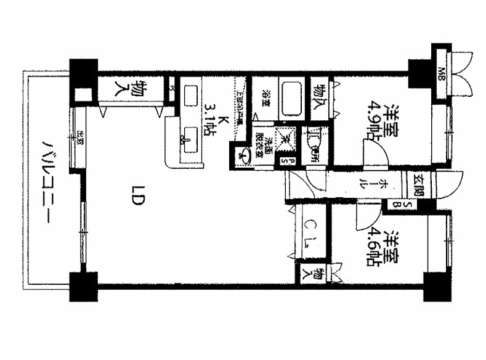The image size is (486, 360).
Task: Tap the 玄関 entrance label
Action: point(419,183)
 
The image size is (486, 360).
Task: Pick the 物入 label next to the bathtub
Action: point(319,97)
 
